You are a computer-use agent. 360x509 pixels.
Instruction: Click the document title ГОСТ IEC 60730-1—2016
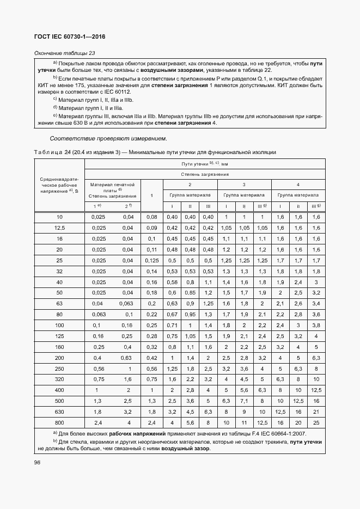click(70, 37)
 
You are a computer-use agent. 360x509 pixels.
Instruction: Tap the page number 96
click(38, 462)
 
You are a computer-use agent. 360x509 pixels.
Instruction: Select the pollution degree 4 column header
click(297, 185)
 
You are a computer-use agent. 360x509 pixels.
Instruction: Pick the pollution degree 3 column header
click(243, 185)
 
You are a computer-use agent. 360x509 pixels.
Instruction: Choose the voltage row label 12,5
click(59, 228)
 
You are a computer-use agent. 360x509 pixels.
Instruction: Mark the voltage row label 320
click(59, 378)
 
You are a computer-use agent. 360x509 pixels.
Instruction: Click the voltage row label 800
click(59, 422)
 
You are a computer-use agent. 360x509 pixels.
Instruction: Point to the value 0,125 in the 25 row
click(151, 260)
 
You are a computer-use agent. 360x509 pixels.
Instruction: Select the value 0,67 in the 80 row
click(172, 314)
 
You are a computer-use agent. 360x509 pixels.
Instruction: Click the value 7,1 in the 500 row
click(244, 400)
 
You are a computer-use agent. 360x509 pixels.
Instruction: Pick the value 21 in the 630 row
click(316, 411)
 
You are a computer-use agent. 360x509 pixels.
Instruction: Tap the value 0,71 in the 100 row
click(172, 325)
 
